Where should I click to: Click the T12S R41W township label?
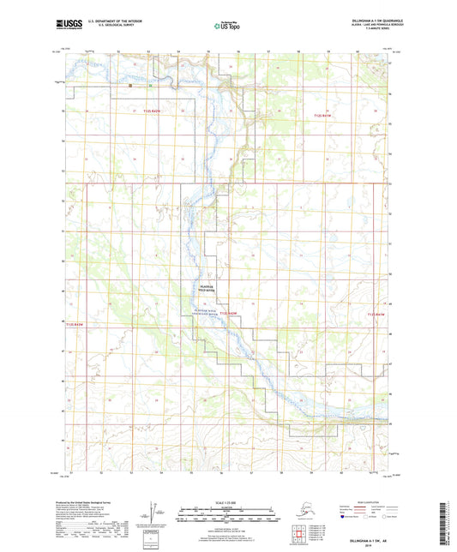tap(326, 112)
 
